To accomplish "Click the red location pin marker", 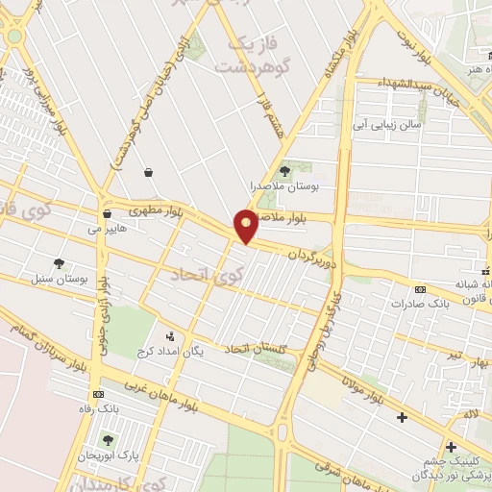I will point(246,225).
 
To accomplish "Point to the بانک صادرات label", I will point(420,304).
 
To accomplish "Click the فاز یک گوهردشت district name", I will point(251,56).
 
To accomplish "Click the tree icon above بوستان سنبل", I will point(60,263).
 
